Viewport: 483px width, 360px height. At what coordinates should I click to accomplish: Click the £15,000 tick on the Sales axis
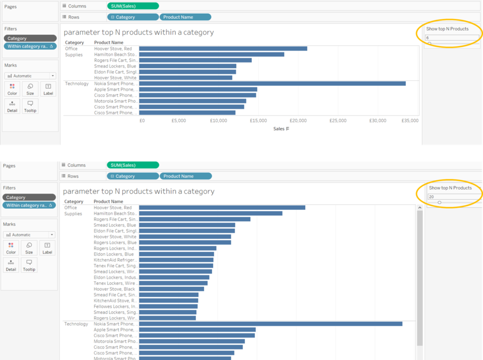258,121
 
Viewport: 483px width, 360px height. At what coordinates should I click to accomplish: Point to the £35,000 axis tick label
410,121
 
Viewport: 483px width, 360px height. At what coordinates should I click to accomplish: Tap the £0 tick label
142,121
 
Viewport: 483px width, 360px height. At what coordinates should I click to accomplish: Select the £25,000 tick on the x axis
338,121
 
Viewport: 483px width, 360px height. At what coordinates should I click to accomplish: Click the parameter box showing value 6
452,38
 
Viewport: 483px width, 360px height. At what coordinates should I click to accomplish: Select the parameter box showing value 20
454,197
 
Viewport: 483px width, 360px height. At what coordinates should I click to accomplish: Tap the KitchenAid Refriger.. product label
116,260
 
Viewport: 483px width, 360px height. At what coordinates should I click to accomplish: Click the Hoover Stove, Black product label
114,289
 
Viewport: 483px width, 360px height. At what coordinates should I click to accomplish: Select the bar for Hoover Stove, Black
172,289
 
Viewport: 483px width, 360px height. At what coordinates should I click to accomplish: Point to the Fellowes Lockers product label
116,307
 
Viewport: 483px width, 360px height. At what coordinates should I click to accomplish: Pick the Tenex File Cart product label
116,266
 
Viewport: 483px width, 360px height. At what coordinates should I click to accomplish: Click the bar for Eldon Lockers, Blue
176,254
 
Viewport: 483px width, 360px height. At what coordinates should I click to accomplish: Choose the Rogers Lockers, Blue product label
115,243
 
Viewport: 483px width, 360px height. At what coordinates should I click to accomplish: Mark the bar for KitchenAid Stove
168,301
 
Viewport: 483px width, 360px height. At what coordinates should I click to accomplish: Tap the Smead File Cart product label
116,295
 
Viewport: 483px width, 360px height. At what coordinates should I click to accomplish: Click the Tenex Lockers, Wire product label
116,283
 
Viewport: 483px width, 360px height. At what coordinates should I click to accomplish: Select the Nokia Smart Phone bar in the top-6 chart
272,84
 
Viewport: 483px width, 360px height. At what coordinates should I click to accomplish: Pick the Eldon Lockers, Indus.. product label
116,277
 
